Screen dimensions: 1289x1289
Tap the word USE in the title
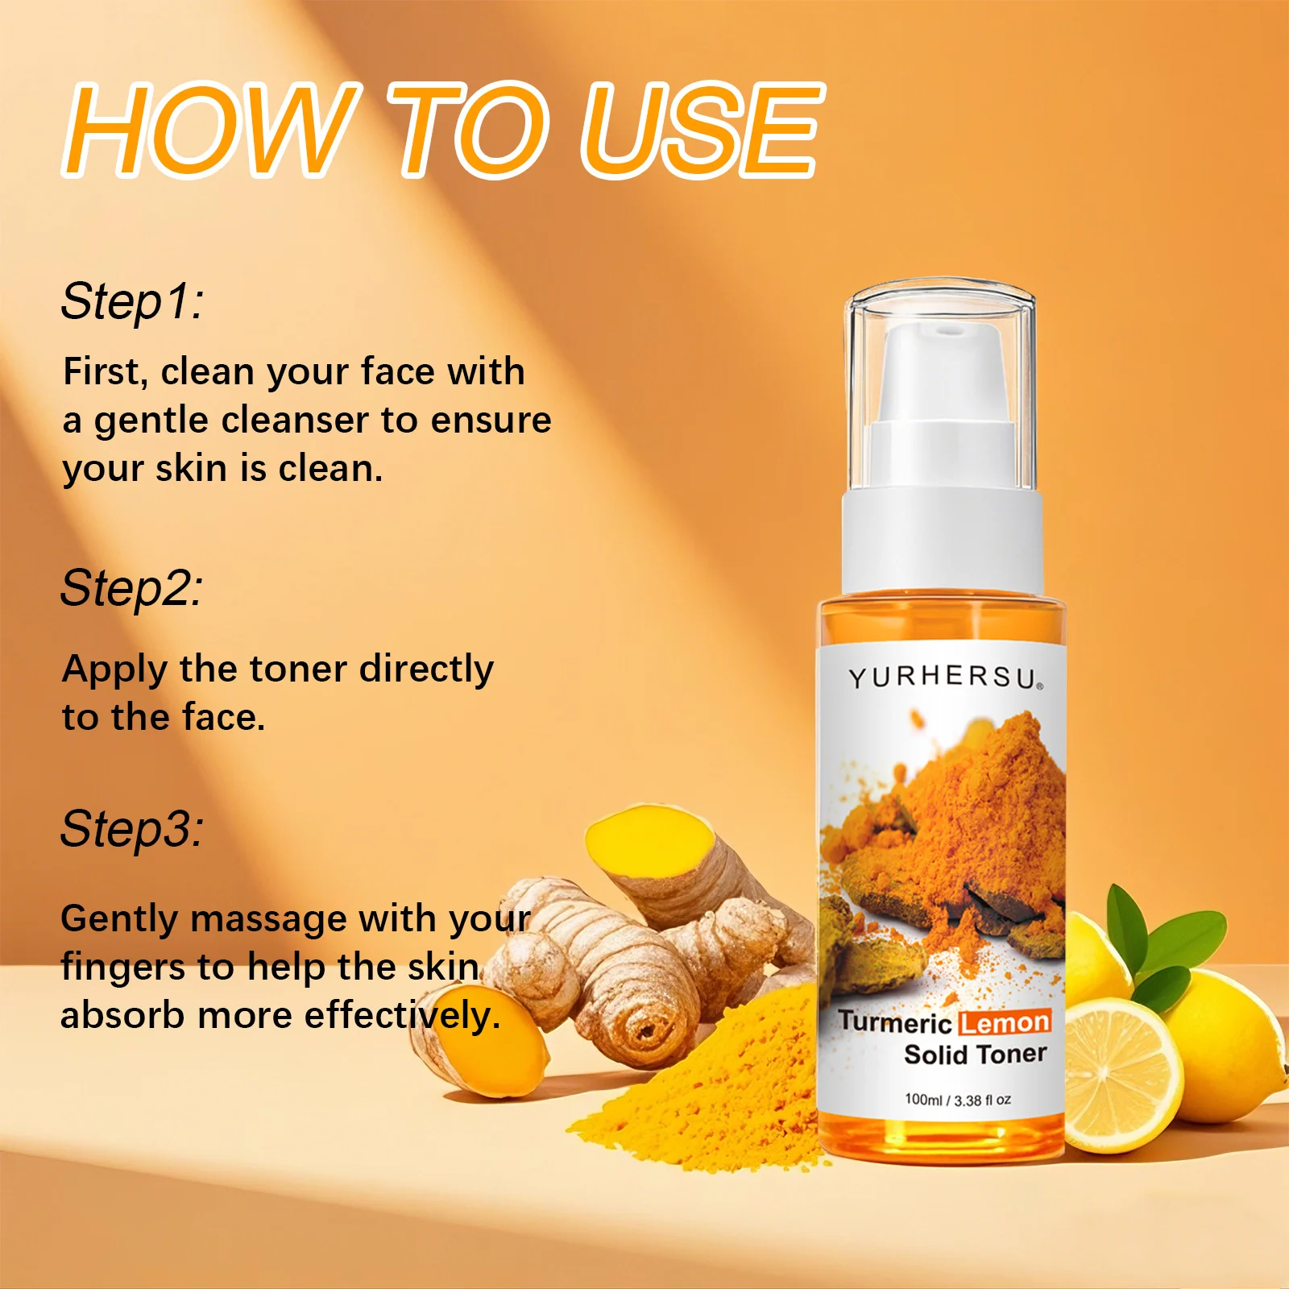point(699,131)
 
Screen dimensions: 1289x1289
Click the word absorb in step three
point(122,1015)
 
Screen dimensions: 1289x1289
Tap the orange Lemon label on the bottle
point(1005,1023)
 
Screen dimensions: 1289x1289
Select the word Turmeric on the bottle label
point(894,1023)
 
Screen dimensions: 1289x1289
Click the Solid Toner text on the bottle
point(975,1055)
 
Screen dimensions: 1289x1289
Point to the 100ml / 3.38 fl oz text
point(957,1100)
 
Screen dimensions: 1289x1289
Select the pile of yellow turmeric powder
point(709,1088)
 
